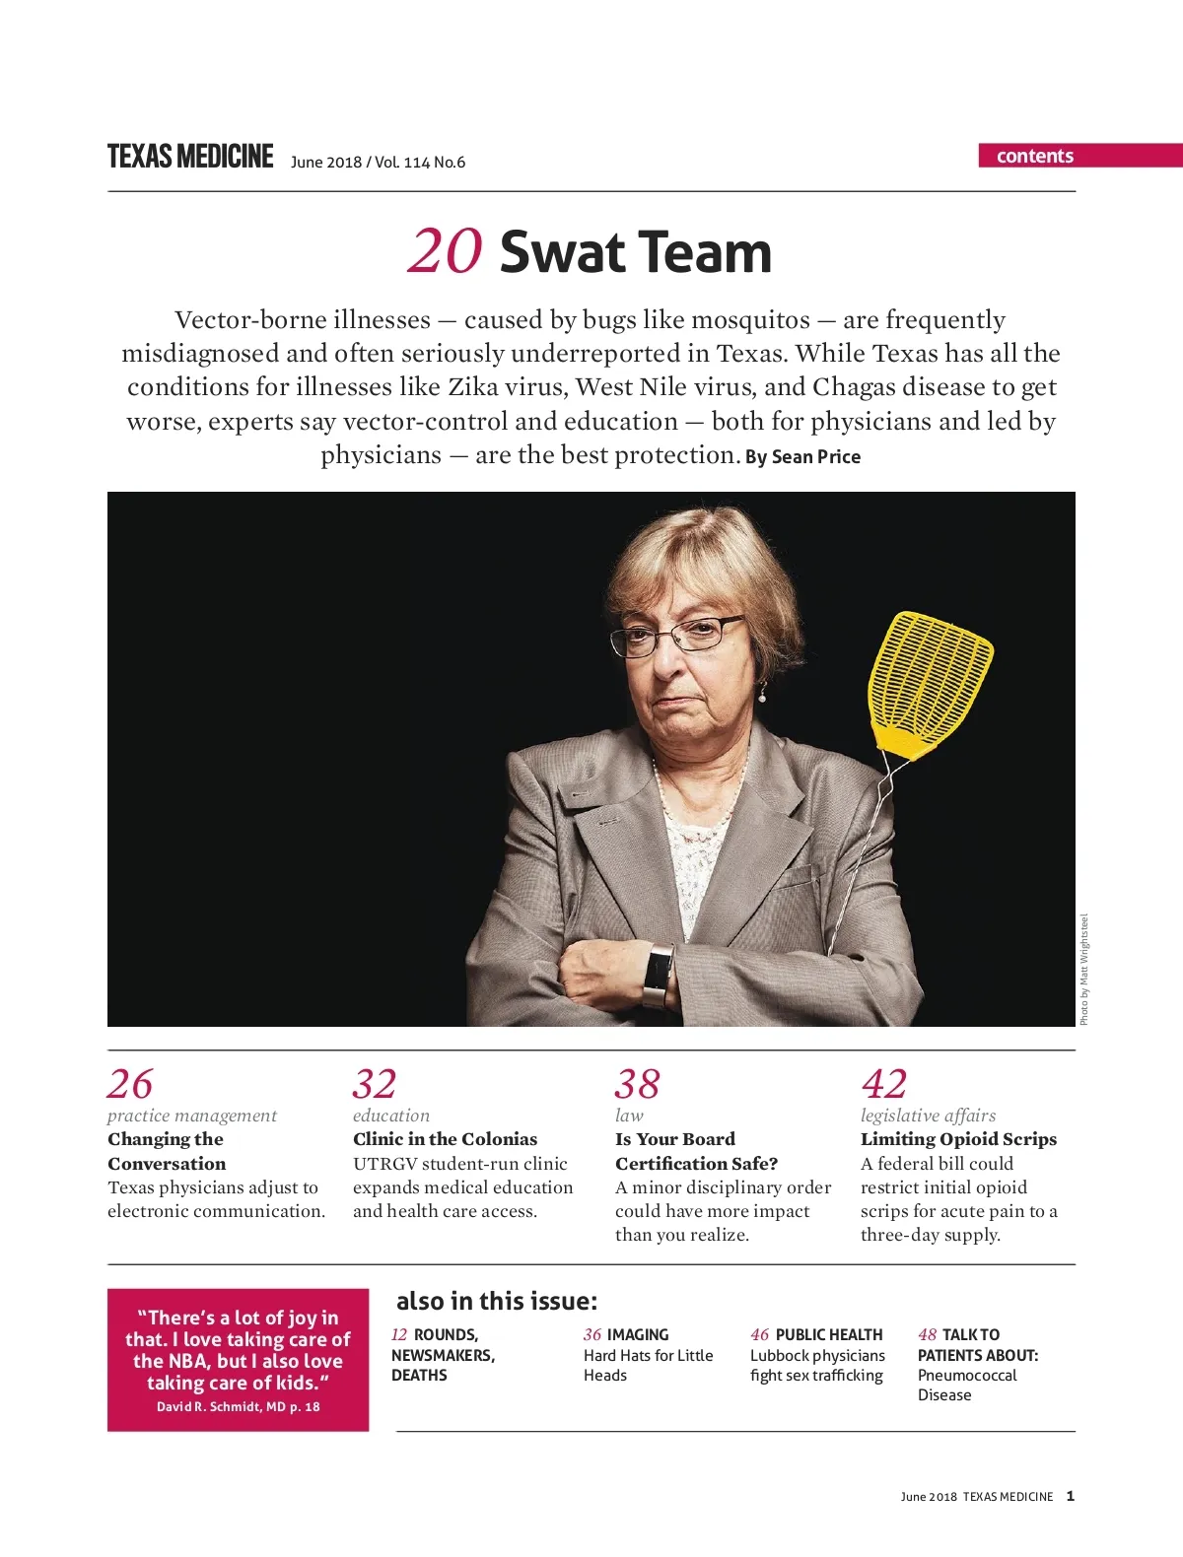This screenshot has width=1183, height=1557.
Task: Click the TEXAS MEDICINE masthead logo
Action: (x=190, y=157)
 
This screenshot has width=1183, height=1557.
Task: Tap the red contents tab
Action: (x=1035, y=156)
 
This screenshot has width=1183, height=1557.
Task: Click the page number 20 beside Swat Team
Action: (x=445, y=252)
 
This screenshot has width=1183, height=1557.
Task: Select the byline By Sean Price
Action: (x=802, y=457)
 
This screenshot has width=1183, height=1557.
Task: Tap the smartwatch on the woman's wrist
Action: (x=658, y=976)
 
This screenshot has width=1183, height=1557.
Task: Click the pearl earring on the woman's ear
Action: (x=761, y=696)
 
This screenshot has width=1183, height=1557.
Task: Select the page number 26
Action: (x=130, y=1084)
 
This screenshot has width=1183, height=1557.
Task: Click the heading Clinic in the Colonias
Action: (x=445, y=1139)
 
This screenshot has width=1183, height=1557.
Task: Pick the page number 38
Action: (x=637, y=1084)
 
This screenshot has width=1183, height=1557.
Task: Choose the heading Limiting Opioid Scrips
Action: (x=958, y=1139)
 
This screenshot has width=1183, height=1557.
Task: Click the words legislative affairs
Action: (x=928, y=1116)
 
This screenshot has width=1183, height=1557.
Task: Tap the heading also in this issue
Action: (x=497, y=1302)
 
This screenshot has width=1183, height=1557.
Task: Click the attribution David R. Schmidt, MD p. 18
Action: (x=238, y=1406)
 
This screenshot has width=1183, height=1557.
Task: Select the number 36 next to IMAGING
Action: (x=591, y=1334)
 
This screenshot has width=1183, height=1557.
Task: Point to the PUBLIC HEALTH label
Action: (x=828, y=1334)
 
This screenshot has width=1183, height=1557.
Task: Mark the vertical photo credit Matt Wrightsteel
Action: (x=1084, y=970)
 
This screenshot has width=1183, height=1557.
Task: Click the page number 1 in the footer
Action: (x=1071, y=1496)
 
